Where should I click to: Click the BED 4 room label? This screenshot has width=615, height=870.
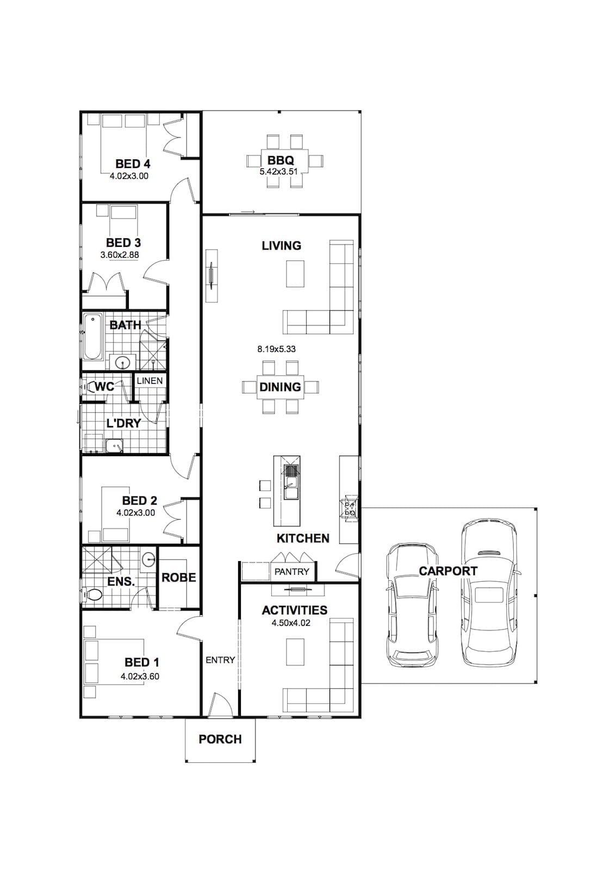coord(133,164)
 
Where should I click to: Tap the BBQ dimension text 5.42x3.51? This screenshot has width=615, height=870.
coord(278,171)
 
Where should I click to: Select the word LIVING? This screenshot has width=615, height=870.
coord(281,245)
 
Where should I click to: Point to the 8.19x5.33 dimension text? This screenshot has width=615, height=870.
coord(276,349)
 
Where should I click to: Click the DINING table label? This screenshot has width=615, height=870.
coord(280,387)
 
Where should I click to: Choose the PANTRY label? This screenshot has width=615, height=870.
coord(292,571)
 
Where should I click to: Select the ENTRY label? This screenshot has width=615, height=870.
coord(220,660)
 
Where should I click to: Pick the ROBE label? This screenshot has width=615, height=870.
coord(179,577)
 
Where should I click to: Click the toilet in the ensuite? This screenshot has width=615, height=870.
coord(92,594)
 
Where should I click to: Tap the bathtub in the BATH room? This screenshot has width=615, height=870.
coord(92,337)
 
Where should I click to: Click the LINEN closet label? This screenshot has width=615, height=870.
coord(150,381)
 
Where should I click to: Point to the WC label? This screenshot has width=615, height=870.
coord(104,387)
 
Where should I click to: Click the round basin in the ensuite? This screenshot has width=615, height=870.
coord(149,560)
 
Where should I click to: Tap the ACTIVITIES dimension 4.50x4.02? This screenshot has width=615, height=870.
coord(291,623)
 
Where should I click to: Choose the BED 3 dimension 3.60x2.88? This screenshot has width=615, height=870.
coord(120,255)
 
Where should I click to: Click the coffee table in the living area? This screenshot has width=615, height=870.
coord(295,274)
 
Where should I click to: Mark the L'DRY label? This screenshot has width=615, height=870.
coord(123,423)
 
